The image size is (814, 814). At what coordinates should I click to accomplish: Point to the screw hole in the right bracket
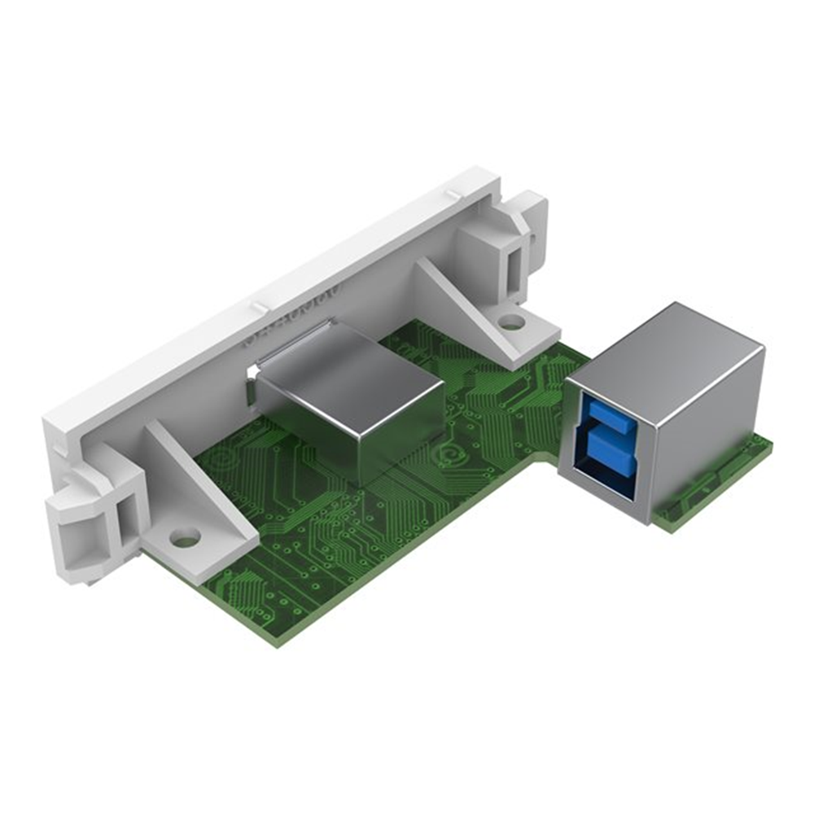coord(511,322)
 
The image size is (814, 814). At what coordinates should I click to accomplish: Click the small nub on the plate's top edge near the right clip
coord(450,194)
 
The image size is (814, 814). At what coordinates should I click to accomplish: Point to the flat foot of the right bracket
coord(521,342)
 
